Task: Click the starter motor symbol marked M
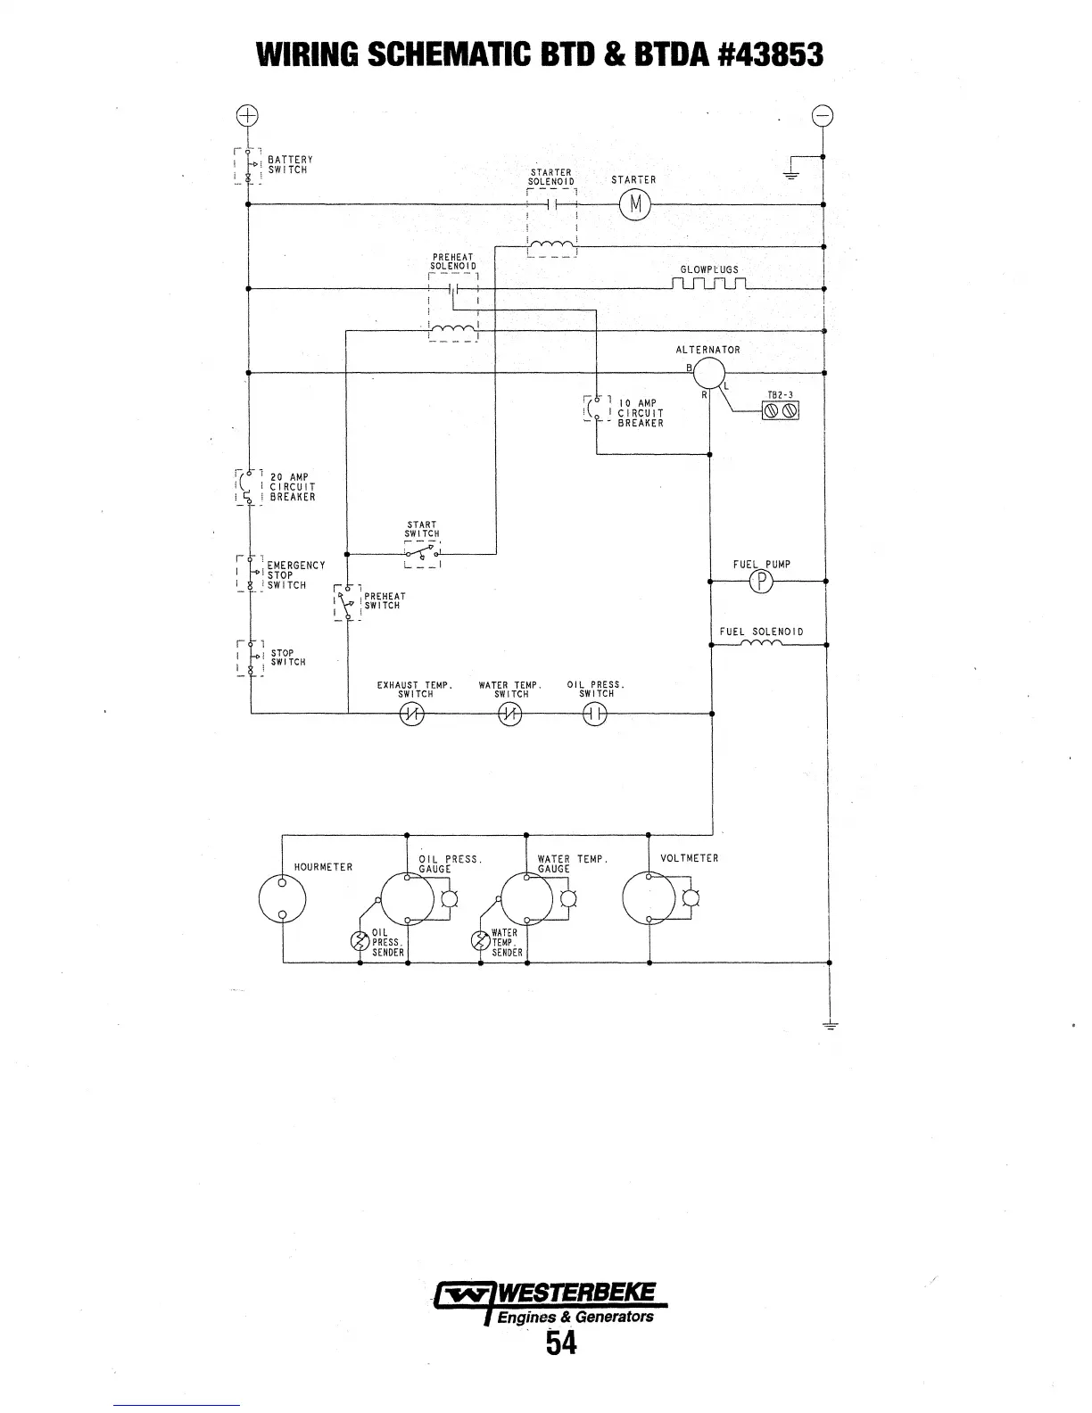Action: [634, 205]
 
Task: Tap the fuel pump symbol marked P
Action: [763, 582]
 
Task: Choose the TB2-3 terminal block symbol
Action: [780, 410]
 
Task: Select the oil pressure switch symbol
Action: [594, 714]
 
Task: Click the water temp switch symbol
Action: [509, 714]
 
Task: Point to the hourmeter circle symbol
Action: [282, 898]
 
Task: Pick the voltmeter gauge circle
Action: [649, 898]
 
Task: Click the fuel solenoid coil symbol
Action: [761, 644]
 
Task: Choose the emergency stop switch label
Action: [295, 575]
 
